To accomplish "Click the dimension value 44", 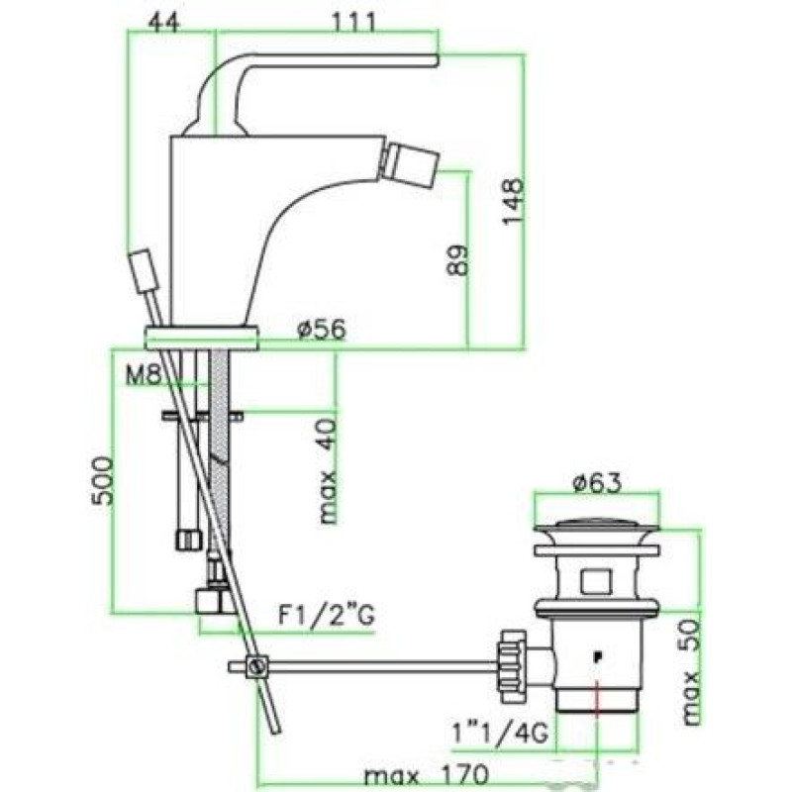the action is tap(164, 21).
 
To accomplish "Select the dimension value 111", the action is tap(354, 21).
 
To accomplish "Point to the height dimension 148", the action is tap(513, 200).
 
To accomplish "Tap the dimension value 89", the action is tap(457, 260).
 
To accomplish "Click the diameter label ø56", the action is tap(323, 329).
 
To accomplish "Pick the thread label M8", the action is tap(143, 375).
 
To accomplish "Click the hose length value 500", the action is tap(101, 480).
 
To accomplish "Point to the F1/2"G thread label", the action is tap(327, 616).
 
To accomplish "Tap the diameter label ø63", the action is tap(597, 484).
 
